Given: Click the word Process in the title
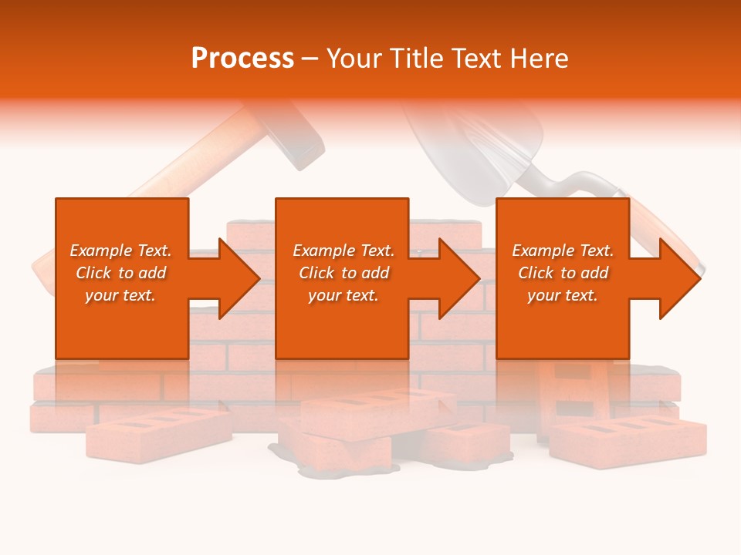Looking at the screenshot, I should (x=242, y=59).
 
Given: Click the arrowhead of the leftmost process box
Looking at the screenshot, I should (x=239, y=278).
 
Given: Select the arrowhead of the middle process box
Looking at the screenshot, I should (x=458, y=278).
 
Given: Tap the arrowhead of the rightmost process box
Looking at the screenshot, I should (x=679, y=278).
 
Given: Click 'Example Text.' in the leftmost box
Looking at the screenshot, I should (x=120, y=251).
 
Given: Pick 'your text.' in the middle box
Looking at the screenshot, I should (x=343, y=295).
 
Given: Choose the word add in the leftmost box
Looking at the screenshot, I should (x=152, y=273).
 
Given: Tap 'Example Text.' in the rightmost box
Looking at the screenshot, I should (x=563, y=251).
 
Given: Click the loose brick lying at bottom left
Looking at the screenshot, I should (x=158, y=432).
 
